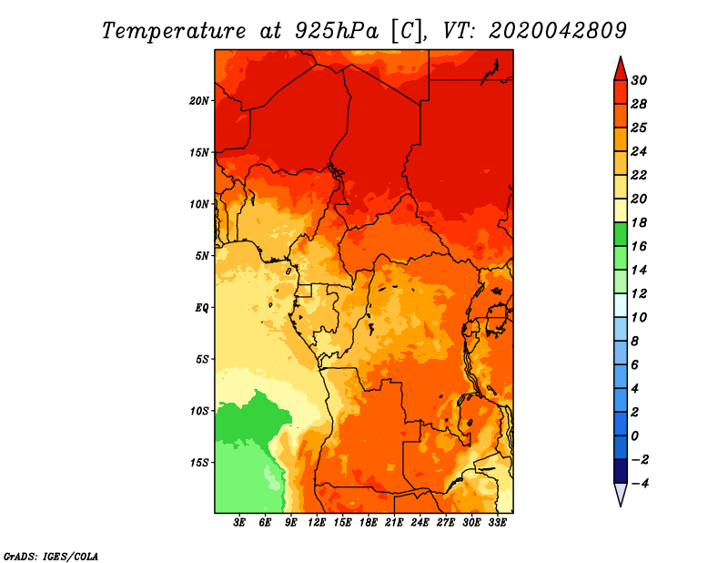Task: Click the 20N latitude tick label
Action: coord(199,100)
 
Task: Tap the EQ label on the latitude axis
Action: coord(202,307)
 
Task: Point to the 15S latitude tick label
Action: coord(199,463)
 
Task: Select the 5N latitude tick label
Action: coord(202,256)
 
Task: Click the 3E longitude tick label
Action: coord(239,523)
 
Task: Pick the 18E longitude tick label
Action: coord(369,523)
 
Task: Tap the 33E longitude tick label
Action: coord(497,523)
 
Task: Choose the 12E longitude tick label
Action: coord(317,523)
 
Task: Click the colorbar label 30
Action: coord(639,80)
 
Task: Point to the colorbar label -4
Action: coord(640,483)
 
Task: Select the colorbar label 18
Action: coord(639,222)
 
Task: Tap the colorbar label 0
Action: coord(634,435)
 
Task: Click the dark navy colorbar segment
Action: coord(621,471)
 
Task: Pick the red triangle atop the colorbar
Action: coord(621,70)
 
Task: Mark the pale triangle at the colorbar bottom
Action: coord(621,494)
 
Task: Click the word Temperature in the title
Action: coord(174,31)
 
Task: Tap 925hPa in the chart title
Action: coord(337,31)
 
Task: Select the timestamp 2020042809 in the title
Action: coord(557,30)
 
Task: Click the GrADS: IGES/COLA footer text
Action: coord(51,557)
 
